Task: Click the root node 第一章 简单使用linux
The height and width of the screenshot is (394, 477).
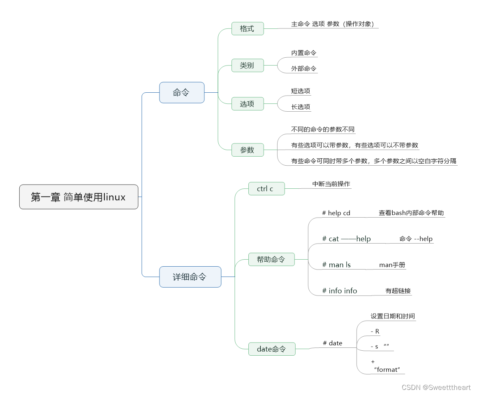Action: click(79, 197)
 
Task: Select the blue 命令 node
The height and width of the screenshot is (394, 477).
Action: click(181, 93)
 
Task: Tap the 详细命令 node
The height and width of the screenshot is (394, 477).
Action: click(190, 277)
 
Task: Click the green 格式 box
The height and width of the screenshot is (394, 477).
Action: click(247, 29)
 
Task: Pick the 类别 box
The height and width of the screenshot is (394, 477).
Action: click(247, 65)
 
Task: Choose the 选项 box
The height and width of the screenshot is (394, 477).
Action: click(247, 104)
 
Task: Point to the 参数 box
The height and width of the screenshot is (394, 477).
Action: click(247, 150)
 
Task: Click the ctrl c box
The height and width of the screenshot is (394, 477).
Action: click(266, 189)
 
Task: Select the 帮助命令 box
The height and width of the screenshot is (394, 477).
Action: click(271, 259)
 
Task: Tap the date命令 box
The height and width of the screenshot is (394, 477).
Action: click(271, 349)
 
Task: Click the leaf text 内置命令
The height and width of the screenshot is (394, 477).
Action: click(304, 53)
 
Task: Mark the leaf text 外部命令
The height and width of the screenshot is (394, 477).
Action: click(304, 68)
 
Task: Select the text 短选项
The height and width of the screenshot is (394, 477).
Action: click(301, 91)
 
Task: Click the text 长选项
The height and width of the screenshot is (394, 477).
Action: click(301, 107)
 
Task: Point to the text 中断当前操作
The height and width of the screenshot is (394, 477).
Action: click(331, 184)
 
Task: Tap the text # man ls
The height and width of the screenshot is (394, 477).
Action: click(336, 265)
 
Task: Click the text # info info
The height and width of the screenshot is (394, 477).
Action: click(340, 291)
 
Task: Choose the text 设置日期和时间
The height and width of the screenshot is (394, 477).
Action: click(393, 316)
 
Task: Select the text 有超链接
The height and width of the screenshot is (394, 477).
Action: click(398, 291)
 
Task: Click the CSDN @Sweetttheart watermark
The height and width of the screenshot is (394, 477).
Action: click(436, 387)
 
